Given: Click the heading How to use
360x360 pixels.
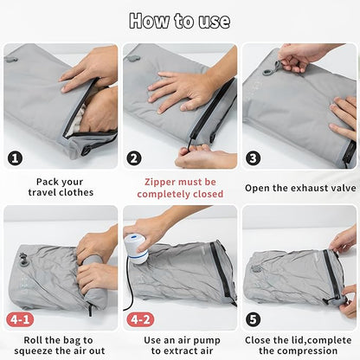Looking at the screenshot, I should [179, 21].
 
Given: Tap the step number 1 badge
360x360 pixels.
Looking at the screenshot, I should [16, 157].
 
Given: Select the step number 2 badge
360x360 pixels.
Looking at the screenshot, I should [134, 157].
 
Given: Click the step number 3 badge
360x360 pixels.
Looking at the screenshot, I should [254, 157].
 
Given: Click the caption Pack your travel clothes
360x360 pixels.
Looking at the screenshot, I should [61, 188].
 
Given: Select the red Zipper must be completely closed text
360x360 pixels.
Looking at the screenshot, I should [179, 188].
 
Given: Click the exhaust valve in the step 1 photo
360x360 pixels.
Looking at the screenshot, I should [11, 59].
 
